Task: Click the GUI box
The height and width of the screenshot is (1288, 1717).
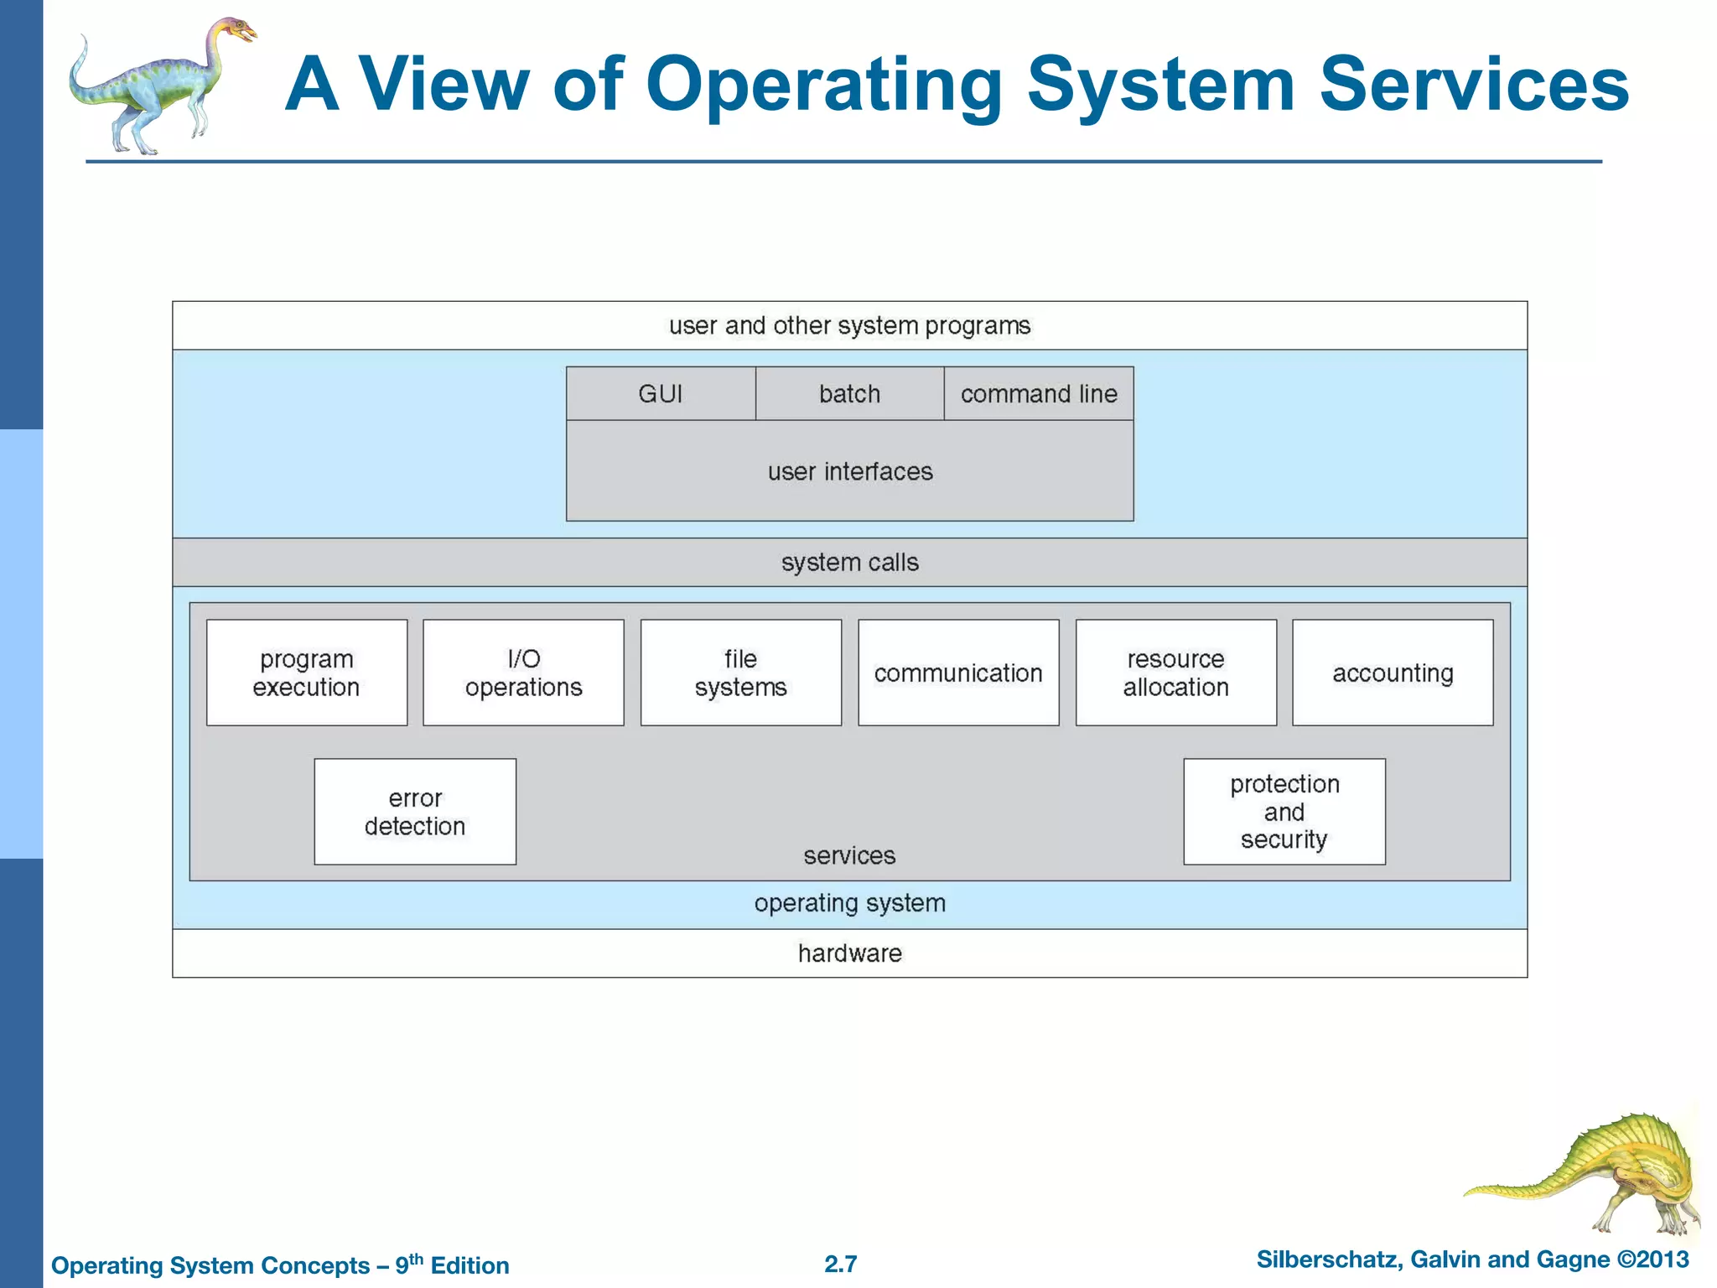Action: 661,393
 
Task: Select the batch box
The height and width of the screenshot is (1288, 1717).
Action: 849,393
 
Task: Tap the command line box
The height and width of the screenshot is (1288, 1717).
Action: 1039,393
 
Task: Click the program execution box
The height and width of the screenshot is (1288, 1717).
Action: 307,673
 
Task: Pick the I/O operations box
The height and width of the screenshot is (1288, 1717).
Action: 523,673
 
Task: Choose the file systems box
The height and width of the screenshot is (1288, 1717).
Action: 740,673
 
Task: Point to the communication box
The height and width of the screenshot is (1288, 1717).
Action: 958,673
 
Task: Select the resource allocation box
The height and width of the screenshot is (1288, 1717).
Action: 1175,673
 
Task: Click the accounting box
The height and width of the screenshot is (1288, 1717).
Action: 1393,673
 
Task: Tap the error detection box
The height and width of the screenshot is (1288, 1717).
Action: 415,812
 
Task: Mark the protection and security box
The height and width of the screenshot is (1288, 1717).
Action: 1284,812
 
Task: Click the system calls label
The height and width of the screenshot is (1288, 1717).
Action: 849,562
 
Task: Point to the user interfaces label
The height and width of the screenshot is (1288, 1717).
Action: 849,471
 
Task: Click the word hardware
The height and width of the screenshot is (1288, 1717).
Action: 849,953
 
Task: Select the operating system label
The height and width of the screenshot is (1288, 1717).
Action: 849,903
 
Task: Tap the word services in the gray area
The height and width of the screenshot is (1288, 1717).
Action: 849,855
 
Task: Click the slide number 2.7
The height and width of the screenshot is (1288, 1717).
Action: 840,1264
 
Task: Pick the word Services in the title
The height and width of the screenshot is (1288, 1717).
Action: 1474,84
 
